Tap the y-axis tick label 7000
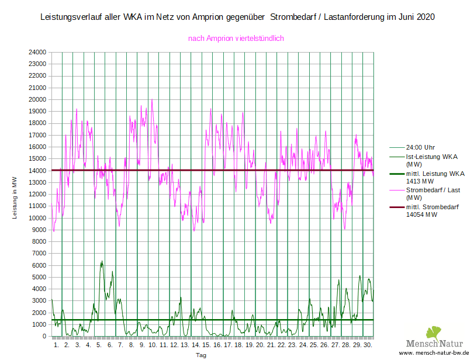(x=39, y=254)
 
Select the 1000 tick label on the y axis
(x=39, y=325)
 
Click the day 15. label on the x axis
(x=206, y=345)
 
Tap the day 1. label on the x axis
(x=57, y=345)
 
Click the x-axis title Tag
(x=201, y=355)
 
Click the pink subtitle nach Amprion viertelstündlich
(x=236, y=39)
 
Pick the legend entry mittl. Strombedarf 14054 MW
(x=431, y=211)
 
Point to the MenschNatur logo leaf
(x=433, y=333)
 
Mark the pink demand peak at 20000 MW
(x=152, y=100)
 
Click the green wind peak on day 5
(x=102, y=262)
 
